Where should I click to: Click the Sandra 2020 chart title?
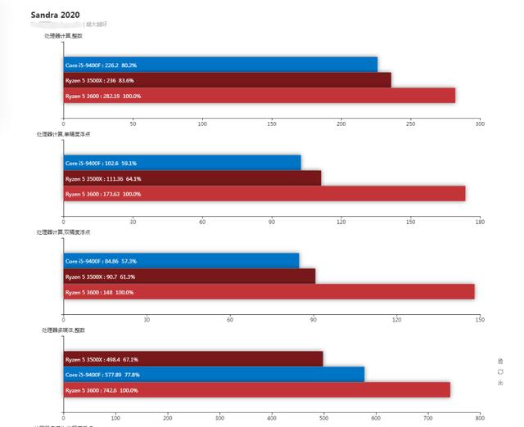click(x=56, y=15)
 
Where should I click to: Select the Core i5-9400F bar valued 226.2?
click(x=220, y=65)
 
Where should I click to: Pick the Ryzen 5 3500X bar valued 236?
click(x=227, y=80)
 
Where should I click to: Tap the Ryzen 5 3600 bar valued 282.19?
click(x=259, y=96)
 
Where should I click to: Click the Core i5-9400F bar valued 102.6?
click(x=182, y=163)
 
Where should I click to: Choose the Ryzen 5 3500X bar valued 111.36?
click(x=192, y=178)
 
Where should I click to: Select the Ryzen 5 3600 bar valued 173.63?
click(x=264, y=194)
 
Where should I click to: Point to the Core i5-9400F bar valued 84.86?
click(x=181, y=261)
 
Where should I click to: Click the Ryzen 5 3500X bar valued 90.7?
click(x=189, y=276)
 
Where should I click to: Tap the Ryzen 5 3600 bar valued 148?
click(x=269, y=292)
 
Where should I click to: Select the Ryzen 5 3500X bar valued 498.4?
click(x=193, y=359)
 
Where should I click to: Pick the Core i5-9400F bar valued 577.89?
click(x=214, y=375)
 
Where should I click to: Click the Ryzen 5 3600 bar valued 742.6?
click(x=256, y=390)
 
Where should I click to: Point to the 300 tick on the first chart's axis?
click(x=480, y=124)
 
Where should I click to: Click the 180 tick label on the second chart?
click(x=480, y=222)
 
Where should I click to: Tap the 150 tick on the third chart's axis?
click(x=480, y=320)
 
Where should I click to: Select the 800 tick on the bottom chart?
click(x=480, y=418)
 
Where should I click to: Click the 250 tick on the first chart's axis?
click(x=410, y=124)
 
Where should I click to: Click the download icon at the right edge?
click(x=500, y=383)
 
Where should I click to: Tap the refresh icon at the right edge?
click(x=500, y=371)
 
